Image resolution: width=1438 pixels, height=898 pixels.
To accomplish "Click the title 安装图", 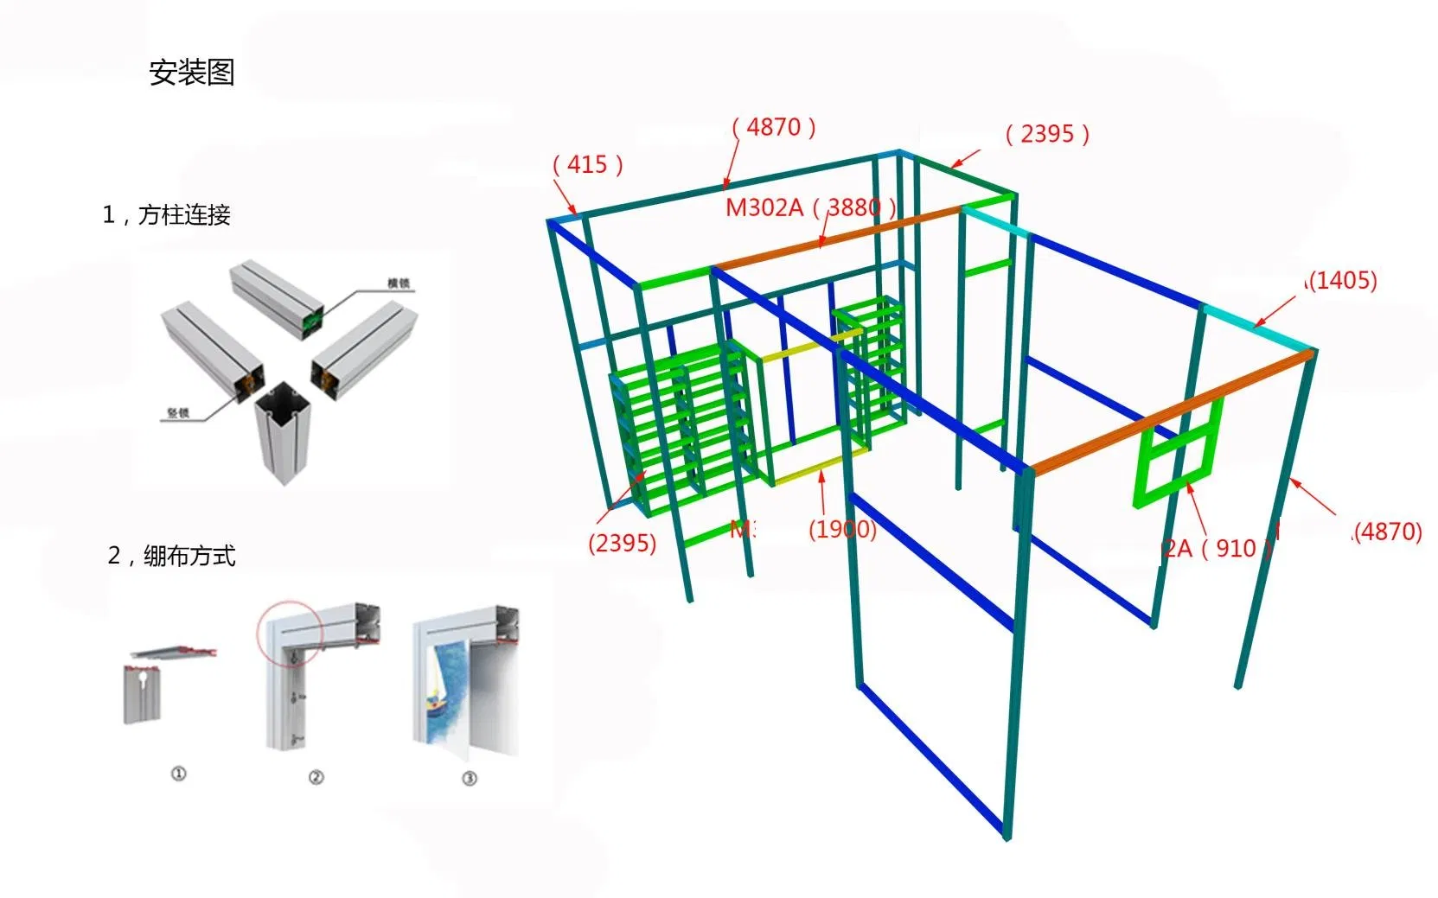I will point(191,72).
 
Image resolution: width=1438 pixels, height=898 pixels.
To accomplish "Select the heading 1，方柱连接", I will point(166,214).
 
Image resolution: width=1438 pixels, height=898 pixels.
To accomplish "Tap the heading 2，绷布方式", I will point(171,555).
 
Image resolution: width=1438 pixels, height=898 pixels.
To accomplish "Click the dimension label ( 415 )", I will point(588,164).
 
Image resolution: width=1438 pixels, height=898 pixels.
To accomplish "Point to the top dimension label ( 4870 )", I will point(774,127).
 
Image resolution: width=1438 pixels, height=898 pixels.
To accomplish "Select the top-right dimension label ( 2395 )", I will point(1047,134).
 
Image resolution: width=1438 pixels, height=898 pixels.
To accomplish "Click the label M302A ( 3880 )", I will point(809,207).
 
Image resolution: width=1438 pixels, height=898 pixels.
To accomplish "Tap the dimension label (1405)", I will point(1341,280).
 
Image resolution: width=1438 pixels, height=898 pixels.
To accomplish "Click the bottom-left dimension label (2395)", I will point(622,543).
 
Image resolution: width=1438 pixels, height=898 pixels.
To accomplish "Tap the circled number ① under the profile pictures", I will point(178,774).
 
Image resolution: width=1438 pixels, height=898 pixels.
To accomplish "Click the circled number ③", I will point(470,778).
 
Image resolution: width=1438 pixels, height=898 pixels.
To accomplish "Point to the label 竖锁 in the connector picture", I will point(177,413).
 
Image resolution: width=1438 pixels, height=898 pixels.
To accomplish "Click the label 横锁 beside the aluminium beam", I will point(398,283).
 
